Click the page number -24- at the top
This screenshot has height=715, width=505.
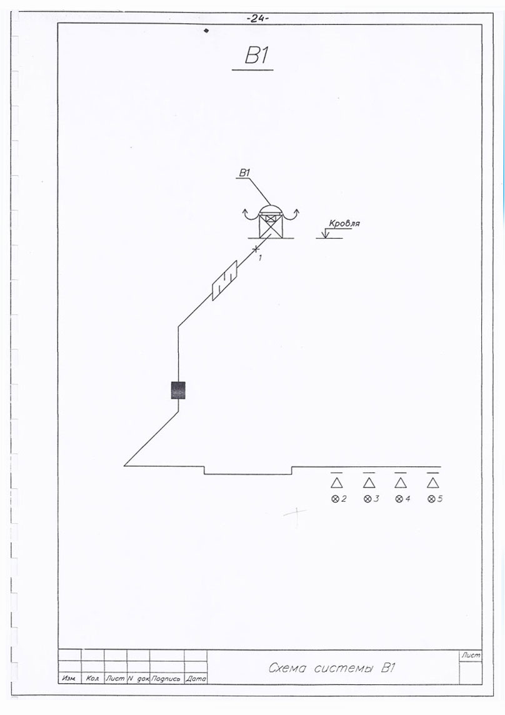256,19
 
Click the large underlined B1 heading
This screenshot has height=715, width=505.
256,56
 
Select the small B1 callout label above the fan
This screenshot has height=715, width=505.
244,173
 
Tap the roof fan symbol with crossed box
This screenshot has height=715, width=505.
270,222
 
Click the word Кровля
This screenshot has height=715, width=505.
344,222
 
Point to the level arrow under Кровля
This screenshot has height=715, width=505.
325,234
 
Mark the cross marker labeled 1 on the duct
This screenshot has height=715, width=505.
256,249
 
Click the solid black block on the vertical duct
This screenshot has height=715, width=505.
178,390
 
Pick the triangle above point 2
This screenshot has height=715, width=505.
337,482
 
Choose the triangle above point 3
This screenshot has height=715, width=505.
369,482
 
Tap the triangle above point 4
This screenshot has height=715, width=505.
401,482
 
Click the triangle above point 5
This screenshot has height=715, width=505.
432,482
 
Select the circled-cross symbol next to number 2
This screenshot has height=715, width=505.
334,499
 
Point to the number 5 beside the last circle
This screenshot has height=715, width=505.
440,499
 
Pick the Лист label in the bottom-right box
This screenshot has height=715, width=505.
470,655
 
